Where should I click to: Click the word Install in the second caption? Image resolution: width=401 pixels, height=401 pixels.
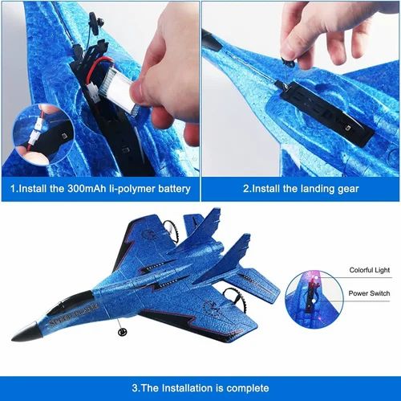265,189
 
